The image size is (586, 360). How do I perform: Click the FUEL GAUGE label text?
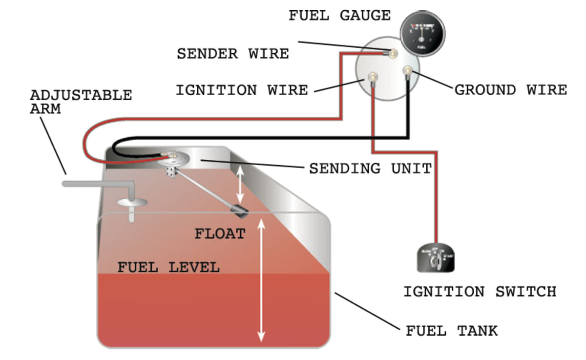coord(339,16)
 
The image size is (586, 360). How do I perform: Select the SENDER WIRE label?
coord(232,54)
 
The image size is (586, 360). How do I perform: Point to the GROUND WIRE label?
coord(511,90)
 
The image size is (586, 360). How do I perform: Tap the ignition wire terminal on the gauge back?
coord(373,77)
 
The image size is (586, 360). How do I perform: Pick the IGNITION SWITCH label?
coord(480,292)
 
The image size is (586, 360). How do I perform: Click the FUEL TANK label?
coord(452,331)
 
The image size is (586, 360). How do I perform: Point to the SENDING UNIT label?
coord(371,169)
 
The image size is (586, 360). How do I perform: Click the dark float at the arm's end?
coord(240,211)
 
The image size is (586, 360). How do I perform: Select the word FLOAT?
coord(220,233)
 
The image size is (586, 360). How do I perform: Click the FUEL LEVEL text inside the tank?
coord(168,267)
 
